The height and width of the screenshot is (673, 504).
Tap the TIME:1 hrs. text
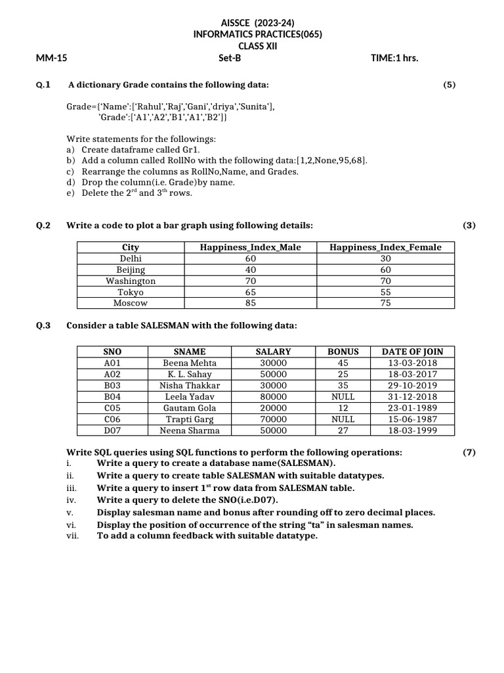394,58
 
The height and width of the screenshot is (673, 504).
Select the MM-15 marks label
52,58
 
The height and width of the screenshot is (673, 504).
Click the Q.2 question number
43,225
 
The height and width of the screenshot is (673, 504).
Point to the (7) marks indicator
469,452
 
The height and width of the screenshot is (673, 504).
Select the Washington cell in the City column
131,281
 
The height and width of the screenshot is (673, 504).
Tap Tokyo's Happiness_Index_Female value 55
385,292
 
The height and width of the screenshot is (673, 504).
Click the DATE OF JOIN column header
412,352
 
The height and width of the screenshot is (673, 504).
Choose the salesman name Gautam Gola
190,407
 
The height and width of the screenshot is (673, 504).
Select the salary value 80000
274,396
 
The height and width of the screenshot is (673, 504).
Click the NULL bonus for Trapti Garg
343,419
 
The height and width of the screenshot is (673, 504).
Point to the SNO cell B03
113,385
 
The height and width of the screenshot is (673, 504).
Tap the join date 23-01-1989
412,407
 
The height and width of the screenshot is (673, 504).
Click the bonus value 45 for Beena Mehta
343,363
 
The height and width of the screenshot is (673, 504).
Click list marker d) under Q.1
71,182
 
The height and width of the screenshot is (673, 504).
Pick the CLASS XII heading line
259,46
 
